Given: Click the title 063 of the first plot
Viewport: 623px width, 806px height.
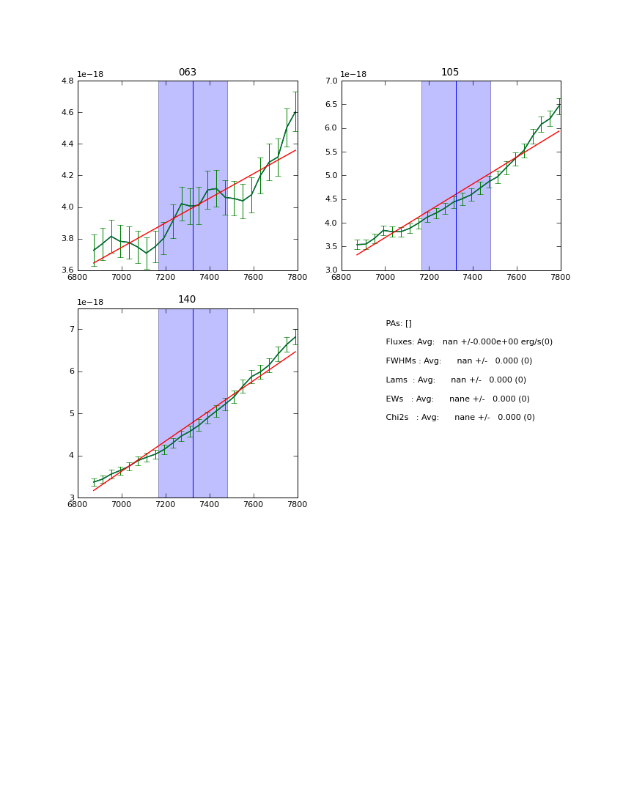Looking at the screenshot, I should (188, 73).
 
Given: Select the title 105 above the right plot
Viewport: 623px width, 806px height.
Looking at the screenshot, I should (450, 73).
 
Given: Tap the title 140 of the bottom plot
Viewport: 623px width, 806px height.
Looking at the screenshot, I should (187, 300).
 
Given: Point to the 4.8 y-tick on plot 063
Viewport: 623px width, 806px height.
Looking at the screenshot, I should (67, 81).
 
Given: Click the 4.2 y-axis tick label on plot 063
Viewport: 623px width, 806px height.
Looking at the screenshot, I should (67, 176).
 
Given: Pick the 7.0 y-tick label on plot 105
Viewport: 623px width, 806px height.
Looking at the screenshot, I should (330, 81).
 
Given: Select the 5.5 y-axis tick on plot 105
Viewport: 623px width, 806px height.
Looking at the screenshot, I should (330, 152).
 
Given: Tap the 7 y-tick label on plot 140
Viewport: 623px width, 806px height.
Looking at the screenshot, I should (72, 330).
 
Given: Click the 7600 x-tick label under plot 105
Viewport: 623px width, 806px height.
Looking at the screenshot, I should (517, 278).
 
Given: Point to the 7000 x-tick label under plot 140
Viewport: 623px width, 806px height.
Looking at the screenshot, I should (122, 505).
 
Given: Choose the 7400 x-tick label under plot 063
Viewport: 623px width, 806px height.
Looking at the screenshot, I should (210, 278).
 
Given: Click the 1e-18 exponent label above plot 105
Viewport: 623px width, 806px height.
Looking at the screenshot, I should (353, 74).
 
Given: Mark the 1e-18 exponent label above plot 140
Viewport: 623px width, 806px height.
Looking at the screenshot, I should (90, 302).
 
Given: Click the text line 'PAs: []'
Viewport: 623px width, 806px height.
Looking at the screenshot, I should (399, 324).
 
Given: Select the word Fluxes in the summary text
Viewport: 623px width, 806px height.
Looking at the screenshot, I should (399, 342).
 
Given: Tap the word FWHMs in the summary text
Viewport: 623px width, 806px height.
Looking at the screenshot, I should (401, 361).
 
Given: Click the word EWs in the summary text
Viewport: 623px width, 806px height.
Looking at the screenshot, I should (396, 399).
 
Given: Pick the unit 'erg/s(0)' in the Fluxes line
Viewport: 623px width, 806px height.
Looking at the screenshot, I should (534, 342).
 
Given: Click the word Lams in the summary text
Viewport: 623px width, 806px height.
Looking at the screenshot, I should (397, 380).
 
